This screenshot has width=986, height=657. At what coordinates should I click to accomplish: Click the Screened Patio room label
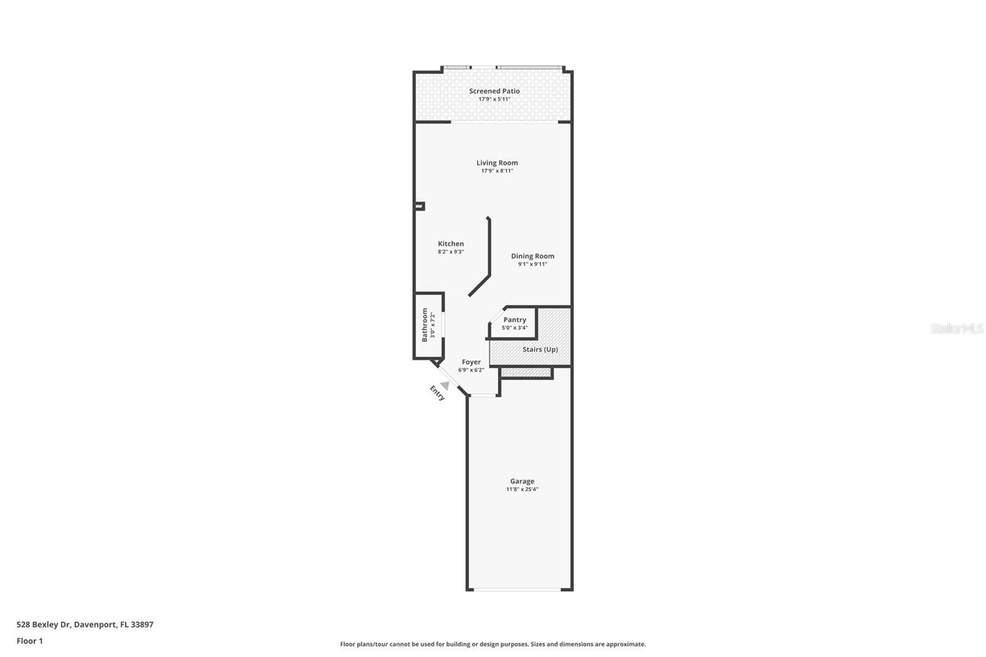pyautogui.click(x=494, y=91)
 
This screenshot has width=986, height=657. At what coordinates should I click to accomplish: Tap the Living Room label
pyautogui.click(x=497, y=163)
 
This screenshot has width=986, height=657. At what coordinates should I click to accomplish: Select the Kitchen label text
pyautogui.click(x=450, y=244)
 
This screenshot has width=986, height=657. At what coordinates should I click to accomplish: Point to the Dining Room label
pyautogui.click(x=532, y=256)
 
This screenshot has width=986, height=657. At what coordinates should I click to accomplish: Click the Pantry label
pyautogui.click(x=515, y=320)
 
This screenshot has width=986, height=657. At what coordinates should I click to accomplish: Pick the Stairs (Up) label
pyautogui.click(x=540, y=349)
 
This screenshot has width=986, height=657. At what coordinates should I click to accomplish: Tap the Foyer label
pyautogui.click(x=471, y=362)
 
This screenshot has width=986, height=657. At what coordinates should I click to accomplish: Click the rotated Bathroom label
pyautogui.click(x=425, y=325)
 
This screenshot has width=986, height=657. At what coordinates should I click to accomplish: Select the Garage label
pyautogui.click(x=522, y=481)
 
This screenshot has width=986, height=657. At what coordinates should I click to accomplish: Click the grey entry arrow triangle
pyautogui.click(x=445, y=385)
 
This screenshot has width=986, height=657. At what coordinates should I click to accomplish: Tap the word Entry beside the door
pyautogui.click(x=437, y=393)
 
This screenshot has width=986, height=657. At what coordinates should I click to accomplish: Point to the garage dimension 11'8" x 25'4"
pyautogui.click(x=522, y=489)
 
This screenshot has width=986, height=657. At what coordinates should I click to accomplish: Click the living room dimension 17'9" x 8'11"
pyautogui.click(x=497, y=171)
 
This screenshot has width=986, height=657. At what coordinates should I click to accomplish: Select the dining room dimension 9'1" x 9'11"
pyautogui.click(x=532, y=264)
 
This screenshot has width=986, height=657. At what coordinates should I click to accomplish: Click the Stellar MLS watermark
pyautogui.click(x=956, y=329)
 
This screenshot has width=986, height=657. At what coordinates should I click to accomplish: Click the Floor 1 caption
pyautogui.click(x=30, y=641)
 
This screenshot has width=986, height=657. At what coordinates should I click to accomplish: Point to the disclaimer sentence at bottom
pyautogui.click(x=493, y=644)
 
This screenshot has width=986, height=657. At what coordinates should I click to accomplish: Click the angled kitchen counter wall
pyautogui.click(x=480, y=285)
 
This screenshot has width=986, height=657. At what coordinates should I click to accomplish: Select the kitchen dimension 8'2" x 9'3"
pyautogui.click(x=450, y=252)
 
